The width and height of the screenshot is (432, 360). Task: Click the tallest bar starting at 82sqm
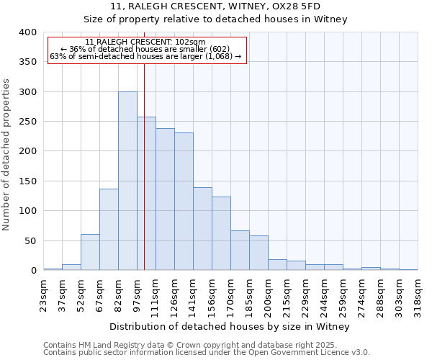(x=127, y=181)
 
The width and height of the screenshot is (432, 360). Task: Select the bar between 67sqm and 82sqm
(x=109, y=229)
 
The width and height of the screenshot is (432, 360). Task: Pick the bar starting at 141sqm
(x=202, y=228)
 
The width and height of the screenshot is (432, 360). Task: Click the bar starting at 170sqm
(x=240, y=250)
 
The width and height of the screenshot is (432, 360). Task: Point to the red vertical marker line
(x=144, y=166)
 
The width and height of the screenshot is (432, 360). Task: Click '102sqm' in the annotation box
(x=192, y=42)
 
